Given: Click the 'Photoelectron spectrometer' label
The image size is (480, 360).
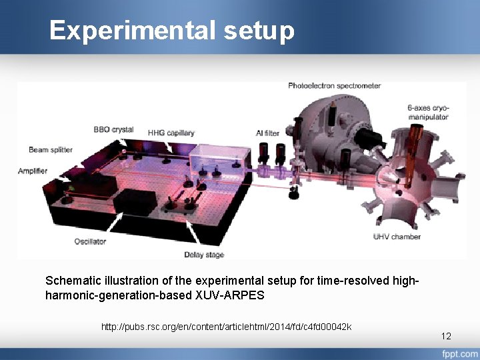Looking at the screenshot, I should tap(334, 85).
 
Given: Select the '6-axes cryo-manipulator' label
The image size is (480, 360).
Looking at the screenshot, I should tap(427, 112).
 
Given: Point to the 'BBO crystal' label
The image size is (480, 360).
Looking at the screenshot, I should tap(113, 129).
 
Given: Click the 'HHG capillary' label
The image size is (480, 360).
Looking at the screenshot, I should tap(171, 133).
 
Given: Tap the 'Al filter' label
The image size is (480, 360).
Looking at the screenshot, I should tap(267, 133).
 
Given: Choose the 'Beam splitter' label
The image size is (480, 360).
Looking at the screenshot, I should tap(50, 150).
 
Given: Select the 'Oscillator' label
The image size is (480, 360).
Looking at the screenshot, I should tap(90, 241).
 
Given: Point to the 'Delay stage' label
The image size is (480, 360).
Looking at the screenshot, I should tap(204, 255).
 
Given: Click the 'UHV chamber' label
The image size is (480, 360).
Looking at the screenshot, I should tap(397, 237).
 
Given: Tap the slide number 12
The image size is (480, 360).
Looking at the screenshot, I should tap(446, 336).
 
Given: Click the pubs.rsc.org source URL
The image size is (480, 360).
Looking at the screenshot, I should tap(226, 327).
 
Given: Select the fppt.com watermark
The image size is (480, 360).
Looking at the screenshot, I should tap(459, 353).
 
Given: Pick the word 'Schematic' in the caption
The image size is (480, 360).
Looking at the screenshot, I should tap(71, 281).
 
